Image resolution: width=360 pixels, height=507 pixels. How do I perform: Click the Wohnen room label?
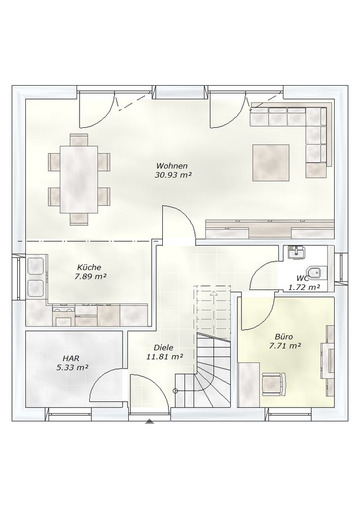172,166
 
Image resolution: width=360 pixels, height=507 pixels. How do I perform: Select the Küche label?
89,267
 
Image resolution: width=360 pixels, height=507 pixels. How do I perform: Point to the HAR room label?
71,358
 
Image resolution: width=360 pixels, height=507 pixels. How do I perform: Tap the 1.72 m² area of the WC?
304,287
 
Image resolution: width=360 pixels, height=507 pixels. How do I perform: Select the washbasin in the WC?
296,252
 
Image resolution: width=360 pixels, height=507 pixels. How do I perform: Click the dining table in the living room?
79,179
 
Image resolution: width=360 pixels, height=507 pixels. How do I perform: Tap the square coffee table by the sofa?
271,163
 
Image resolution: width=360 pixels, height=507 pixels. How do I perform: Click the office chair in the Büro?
274,383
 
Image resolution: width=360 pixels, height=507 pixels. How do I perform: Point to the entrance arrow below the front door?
149,421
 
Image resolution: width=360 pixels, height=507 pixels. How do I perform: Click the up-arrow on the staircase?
214,293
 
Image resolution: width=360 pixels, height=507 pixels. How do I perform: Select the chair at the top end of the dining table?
79,140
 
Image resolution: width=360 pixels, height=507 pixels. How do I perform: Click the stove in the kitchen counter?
63,316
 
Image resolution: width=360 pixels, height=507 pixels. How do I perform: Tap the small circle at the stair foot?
175,391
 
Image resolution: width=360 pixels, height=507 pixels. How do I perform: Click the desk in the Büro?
249,384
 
